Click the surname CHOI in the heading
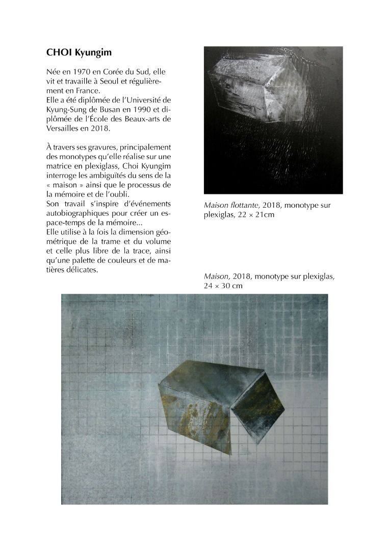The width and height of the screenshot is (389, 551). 58,53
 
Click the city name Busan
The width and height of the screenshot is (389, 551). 115,109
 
